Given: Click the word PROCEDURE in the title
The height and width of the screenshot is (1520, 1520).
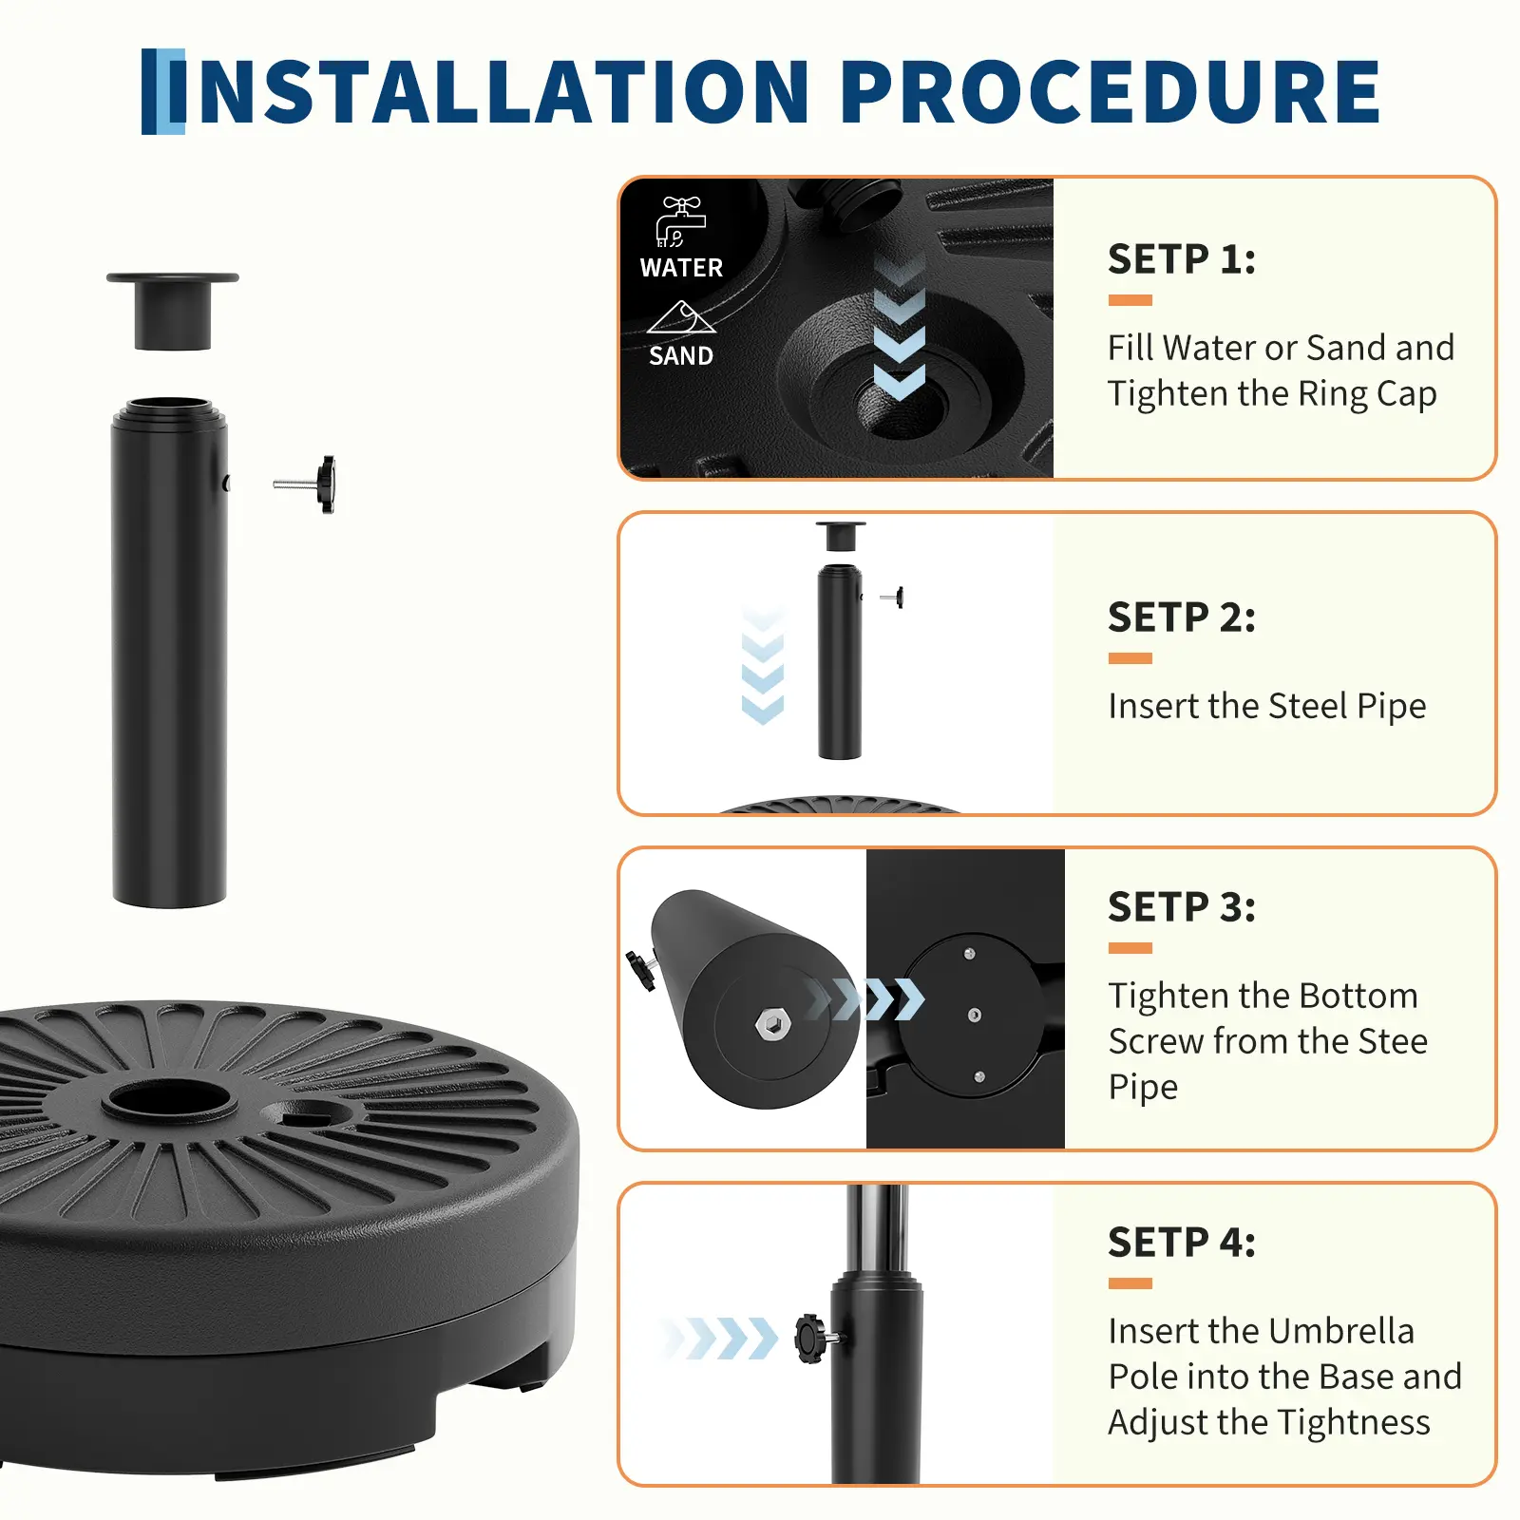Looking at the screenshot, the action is [x=1110, y=92].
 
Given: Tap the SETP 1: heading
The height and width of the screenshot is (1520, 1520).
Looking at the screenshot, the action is [x=1182, y=259].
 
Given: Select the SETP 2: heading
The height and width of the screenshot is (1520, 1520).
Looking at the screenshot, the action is [x=1182, y=617].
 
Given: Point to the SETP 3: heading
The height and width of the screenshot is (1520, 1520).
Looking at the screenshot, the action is [x=1182, y=907].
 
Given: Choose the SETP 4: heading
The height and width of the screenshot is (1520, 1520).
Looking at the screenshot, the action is [x=1182, y=1243].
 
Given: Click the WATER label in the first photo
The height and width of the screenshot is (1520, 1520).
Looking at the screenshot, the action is [x=681, y=268].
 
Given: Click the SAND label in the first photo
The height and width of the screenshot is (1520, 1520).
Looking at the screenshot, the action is [x=681, y=356].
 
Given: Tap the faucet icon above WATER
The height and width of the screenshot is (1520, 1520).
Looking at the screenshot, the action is [x=681, y=222].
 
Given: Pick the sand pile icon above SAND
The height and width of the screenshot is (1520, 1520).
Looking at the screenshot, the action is [x=681, y=317].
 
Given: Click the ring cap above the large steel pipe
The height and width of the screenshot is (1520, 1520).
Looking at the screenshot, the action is [x=172, y=312].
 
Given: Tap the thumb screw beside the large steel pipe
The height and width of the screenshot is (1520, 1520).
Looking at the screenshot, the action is [x=305, y=484].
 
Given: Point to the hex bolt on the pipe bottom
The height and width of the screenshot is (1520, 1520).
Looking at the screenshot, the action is [x=771, y=1024].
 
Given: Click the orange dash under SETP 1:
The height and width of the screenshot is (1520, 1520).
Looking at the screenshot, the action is [x=1130, y=300].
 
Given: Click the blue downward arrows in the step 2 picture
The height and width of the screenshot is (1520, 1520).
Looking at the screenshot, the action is [x=763, y=665].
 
